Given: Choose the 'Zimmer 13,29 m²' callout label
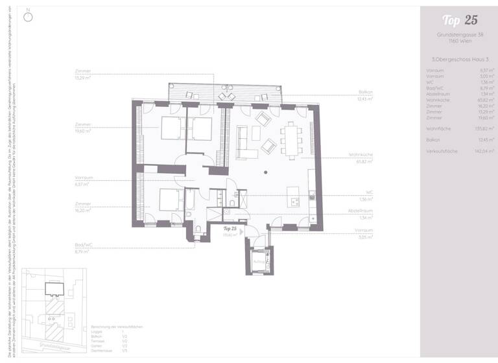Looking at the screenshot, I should (x=83, y=75).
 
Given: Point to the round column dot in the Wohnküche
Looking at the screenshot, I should (x=266, y=172).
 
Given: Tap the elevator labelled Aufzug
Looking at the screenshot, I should (x=259, y=261).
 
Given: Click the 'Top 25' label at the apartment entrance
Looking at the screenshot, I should (x=230, y=229).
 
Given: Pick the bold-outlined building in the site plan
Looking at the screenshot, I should (x=53, y=290).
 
